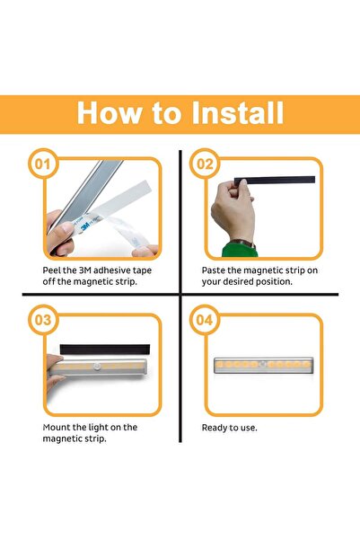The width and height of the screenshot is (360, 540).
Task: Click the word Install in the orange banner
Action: (x=238, y=112)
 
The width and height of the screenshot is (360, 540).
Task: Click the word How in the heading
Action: (x=110, y=112)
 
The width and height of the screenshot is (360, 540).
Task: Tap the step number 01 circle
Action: (x=43, y=164)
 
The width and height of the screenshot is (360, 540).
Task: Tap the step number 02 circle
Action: (x=205, y=164)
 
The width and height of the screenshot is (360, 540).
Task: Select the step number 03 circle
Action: (x=43, y=320)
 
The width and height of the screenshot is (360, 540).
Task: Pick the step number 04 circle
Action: (x=205, y=320)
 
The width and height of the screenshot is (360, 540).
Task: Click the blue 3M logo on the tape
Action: (x=84, y=226)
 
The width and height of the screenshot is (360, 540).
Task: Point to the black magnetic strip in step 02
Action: (x=275, y=180)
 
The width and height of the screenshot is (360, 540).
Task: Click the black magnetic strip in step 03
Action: (x=105, y=349)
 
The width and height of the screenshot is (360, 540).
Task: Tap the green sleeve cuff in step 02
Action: (x=240, y=251)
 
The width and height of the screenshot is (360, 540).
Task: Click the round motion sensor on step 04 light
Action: (x=263, y=364)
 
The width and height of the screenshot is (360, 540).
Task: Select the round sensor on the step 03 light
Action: (x=97, y=366)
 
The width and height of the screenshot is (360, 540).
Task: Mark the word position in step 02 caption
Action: (x=275, y=282)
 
